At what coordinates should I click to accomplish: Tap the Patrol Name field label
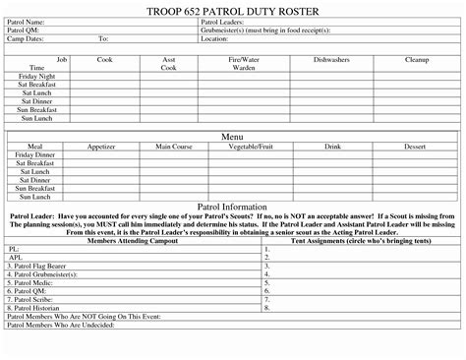(x=28, y=22)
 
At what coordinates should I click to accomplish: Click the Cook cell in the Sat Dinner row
(x=104, y=101)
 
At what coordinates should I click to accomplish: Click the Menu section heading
(x=232, y=135)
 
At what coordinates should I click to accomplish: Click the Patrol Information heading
(x=232, y=208)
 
